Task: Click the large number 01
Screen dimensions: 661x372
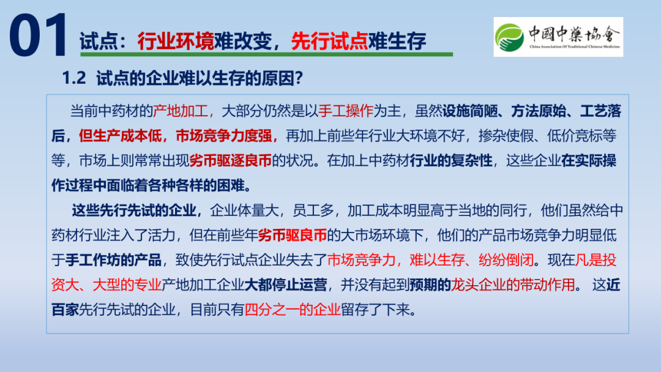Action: (37, 35)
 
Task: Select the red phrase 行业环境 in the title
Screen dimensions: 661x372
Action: (176, 41)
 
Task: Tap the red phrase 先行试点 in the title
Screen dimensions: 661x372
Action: (329, 41)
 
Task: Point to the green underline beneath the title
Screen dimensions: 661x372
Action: (266, 54)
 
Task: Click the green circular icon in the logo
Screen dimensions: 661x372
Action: (509, 37)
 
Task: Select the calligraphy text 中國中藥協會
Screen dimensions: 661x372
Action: (574, 34)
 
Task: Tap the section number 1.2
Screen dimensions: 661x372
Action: (74, 78)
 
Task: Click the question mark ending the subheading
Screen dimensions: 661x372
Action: (299, 78)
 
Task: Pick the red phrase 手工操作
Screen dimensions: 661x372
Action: (346, 111)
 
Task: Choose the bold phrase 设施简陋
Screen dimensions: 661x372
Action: (469, 111)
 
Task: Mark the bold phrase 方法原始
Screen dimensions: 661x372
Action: (539, 111)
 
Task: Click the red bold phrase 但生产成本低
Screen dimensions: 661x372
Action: (120, 136)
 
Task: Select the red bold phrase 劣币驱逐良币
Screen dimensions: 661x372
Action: (230, 160)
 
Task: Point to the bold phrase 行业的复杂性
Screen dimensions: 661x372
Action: (451, 160)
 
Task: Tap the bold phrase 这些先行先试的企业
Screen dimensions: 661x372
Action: (134, 210)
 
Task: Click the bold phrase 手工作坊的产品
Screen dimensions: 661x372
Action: (113, 260)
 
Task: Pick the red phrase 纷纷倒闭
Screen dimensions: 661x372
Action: (506, 260)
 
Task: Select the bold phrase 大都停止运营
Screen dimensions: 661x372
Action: (285, 285)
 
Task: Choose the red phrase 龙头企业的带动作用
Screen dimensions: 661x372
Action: (513, 285)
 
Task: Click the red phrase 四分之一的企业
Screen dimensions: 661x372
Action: (293, 310)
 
